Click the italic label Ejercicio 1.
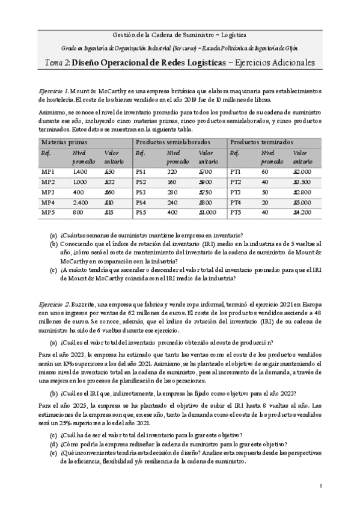(x=55, y=89)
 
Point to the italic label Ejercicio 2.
(x=55, y=305)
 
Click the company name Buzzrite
(x=86, y=305)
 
